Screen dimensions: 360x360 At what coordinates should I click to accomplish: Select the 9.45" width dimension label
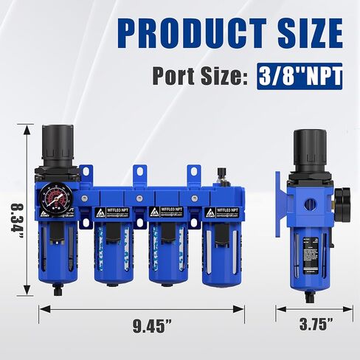tap(142, 324)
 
